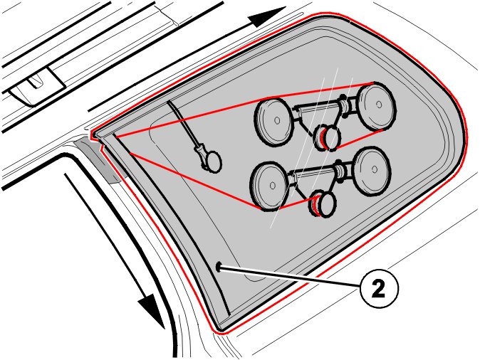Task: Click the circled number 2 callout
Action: click(379, 287)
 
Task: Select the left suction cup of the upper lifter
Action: click(273, 120)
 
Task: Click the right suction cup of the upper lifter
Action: click(376, 105)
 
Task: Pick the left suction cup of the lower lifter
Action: click(269, 186)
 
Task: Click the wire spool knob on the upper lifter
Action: click(328, 137)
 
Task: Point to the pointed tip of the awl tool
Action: click(168, 102)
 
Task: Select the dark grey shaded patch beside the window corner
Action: click(98, 159)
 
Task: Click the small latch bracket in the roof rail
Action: click(37, 87)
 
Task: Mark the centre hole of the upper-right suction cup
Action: click(379, 105)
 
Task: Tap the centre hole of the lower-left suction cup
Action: click(273, 186)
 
